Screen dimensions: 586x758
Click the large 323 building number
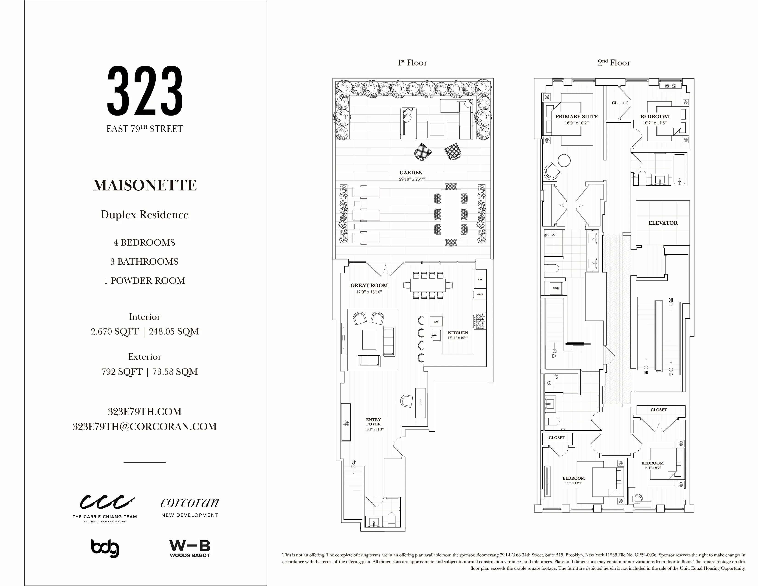[x=145, y=91]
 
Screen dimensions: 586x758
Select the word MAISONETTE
[x=145, y=185]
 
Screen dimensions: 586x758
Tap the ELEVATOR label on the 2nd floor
[x=663, y=223]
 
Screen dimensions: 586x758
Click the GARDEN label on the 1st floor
[x=411, y=173]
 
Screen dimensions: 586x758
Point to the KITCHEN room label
[x=458, y=333]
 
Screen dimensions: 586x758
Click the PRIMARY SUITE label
[x=577, y=117]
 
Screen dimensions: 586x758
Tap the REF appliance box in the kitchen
[x=480, y=279]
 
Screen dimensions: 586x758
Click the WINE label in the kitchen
[x=480, y=294]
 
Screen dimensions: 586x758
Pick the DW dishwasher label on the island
[x=436, y=321]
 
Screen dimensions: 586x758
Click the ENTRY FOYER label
[x=373, y=422]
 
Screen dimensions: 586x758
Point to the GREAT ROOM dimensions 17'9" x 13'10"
[x=369, y=292]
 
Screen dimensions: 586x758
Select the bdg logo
[x=105, y=548]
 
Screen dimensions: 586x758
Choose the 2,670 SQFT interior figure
[x=115, y=331]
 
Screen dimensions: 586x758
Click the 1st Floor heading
[x=412, y=63]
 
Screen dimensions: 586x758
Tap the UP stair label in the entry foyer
[x=353, y=462]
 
